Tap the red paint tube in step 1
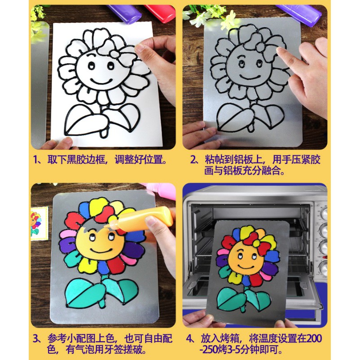pos(160,13)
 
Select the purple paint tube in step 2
pos(301,14)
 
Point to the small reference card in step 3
pos(39,223)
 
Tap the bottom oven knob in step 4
pos(324,267)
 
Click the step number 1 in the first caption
pos(35,159)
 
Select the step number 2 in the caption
pos(193,159)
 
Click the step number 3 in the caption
pos(36,338)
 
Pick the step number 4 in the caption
pos(189,338)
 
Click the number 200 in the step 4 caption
pos(314,338)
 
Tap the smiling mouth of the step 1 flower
pos(101,81)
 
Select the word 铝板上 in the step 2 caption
pos(247,159)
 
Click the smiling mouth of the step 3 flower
pos(101,251)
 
